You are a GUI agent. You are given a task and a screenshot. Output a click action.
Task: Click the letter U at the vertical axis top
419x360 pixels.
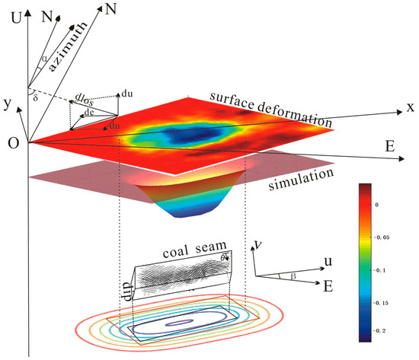[14, 10]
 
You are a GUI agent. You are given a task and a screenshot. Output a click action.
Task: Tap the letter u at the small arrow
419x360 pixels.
[327, 261]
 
